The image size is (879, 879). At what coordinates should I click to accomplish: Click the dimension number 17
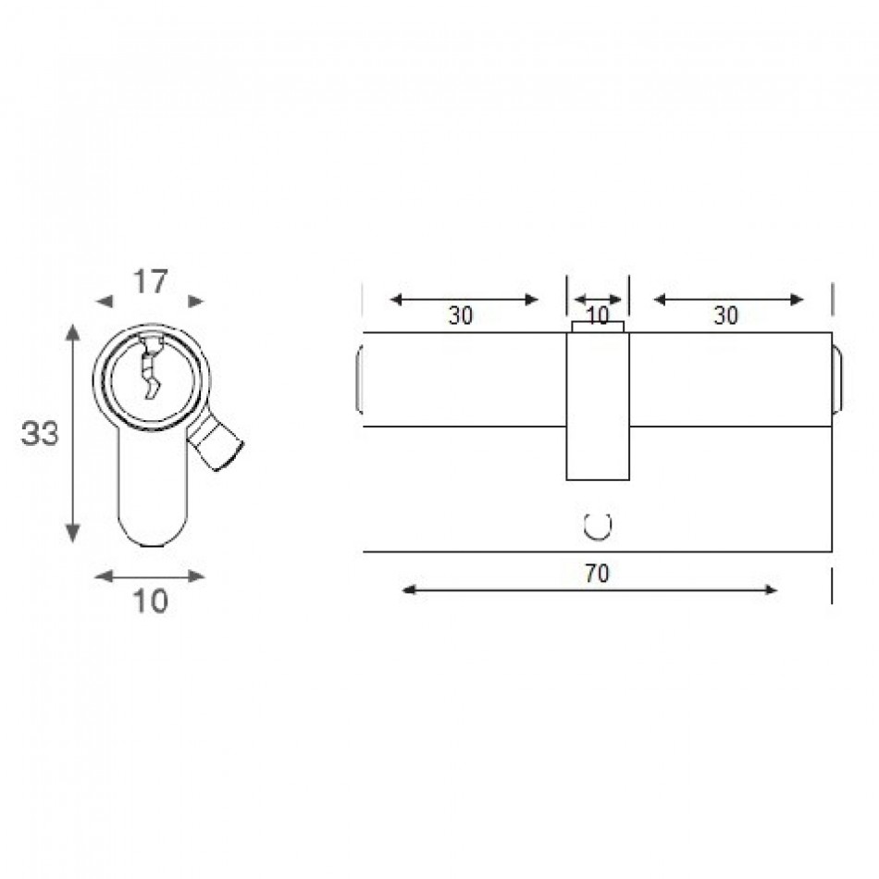(150, 281)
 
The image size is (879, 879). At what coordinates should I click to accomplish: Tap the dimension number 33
(39, 433)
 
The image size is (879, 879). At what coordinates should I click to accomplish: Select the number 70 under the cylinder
(597, 574)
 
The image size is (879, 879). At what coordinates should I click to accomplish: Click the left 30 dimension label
(460, 316)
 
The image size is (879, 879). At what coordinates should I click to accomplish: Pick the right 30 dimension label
(726, 316)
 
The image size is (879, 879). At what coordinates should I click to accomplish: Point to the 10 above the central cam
(597, 316)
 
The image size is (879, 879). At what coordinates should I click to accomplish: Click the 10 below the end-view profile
(150, 601)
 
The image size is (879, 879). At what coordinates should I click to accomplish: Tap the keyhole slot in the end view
(150, 367)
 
